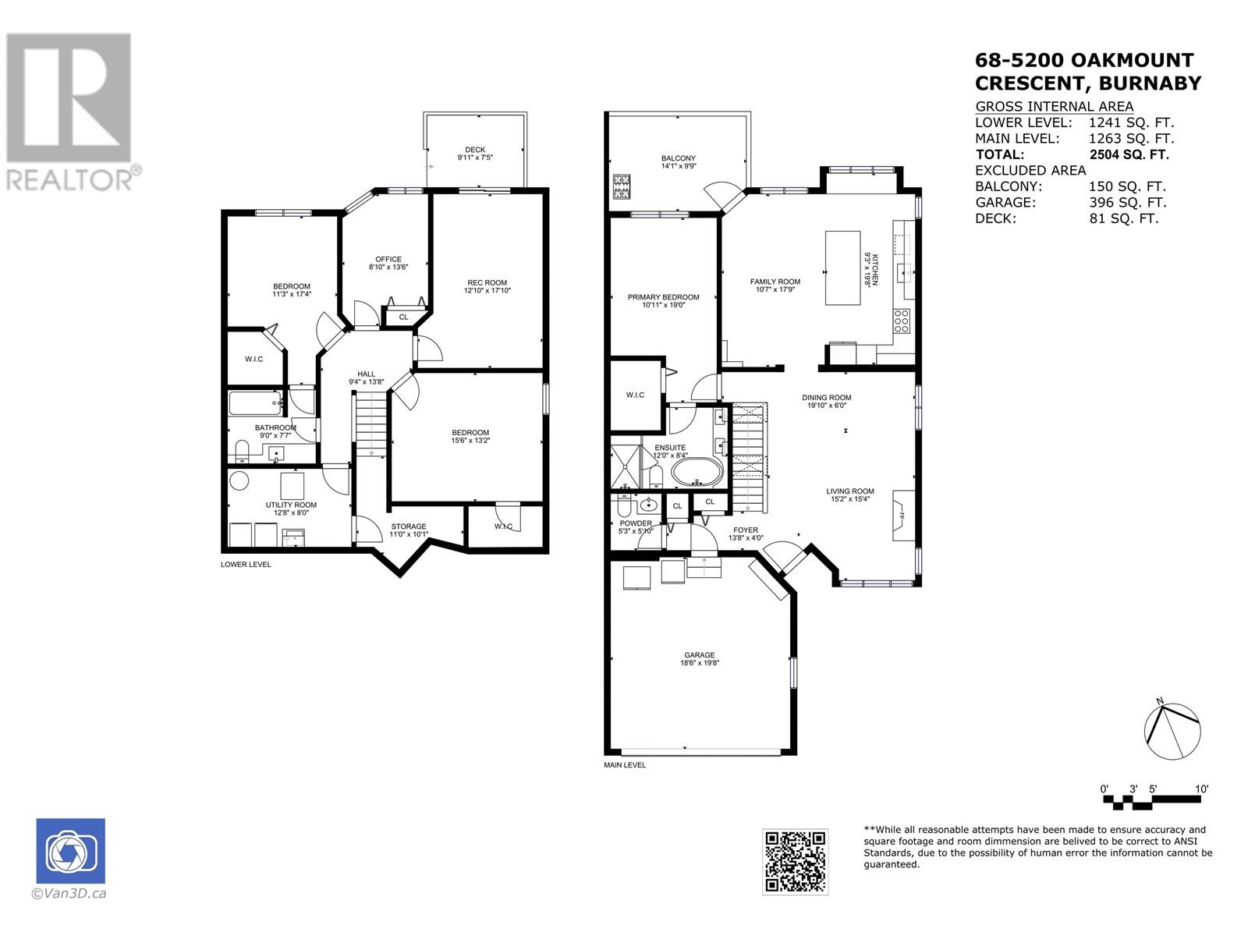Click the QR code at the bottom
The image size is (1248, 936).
pyautogui.click(x=795, y=862)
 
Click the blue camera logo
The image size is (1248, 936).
pyautogui.click(x=70, y=851)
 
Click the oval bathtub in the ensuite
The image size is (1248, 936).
pyautogui.click(x=697, y=472)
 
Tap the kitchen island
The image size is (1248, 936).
pyautogui.click(x=842, y=268)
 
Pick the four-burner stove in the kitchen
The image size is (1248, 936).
pyautogui.click(x=901, y=321)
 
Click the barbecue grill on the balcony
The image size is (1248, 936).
pyautogui.click(x=621, y=186)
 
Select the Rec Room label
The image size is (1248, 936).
pyautogui.click(x=487, y=286)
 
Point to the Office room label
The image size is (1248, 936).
pyautogui.click(x=388, y=263)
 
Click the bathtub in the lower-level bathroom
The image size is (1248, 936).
pyautogui.click(x=256, y=403)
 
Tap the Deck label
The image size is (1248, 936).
pyautogui.click(x=475, y=154)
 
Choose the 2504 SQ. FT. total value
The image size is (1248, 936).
pyautogui.click(x=1129, y=154)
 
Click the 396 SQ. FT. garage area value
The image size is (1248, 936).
pyautogui.click(x=1128, y=202)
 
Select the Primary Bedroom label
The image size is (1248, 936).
pyautogui.click(x=664, y=300)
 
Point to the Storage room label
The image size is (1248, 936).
pyautogui.click(x=409, y=530)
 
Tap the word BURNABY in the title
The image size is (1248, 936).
pyautogui.click(x=1150, y=83)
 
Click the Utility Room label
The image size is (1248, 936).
pyautogui.click(x=291, y=509)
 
